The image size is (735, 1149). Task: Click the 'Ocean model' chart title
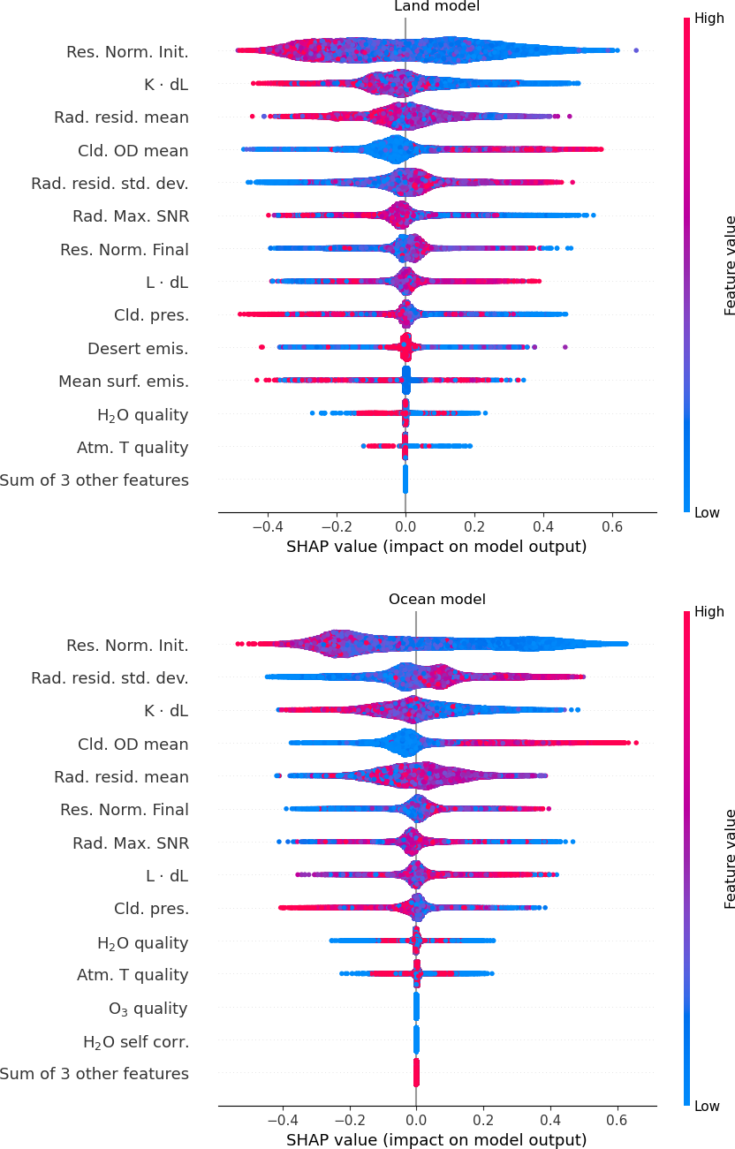(437, 600)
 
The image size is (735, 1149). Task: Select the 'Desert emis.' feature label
(138, 349)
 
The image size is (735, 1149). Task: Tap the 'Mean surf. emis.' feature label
(124, 382)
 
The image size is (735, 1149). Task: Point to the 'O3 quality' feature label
(148, 1009)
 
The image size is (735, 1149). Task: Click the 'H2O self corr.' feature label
(135, 1042)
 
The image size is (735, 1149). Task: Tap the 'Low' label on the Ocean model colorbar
(708, 1106)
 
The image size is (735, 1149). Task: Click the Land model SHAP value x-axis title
(436, 547)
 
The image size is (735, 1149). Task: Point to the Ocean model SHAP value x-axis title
(436, 1140)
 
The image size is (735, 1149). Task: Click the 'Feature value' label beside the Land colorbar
(730, 265)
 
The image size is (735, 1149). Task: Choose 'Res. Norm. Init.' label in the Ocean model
(127, 646)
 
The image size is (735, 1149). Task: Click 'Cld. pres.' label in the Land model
(151, 315)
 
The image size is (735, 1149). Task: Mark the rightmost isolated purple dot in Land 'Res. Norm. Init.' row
(636, 50)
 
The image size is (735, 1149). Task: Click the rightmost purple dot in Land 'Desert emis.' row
(565, 347)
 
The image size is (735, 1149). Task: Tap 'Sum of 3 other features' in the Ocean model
(95, 1074)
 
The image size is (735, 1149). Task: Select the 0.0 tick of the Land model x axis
(405, 525)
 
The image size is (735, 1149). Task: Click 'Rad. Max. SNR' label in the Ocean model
(131, 843)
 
